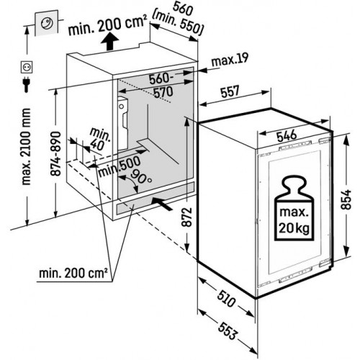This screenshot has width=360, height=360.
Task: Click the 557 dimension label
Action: click(230, 91)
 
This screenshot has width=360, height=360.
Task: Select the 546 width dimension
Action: click(287, 136)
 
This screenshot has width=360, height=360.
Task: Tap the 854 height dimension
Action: click(346, 200)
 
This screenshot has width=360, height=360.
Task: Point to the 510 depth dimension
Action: click(226, 299)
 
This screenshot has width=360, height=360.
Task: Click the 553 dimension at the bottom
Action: click(228, 330)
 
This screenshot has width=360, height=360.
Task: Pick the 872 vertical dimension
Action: click(186, 217)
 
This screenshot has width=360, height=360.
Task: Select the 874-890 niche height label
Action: click(56, 154)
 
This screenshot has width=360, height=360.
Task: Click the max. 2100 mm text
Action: click(26, 147)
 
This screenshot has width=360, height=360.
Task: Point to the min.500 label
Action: click(119, 166)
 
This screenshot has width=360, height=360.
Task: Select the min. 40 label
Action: click(99, 140)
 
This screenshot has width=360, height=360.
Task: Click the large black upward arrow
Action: click(109, 41)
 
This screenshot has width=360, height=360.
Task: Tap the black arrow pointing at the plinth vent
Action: click(163, 204)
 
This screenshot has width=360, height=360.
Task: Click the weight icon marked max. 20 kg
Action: click(294, 208)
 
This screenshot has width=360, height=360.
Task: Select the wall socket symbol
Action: click(26, 68)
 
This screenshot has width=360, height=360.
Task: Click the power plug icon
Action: click(26, 84)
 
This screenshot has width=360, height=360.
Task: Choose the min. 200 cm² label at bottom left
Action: click(73, 273)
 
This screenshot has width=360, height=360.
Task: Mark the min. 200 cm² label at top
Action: click(107, 25)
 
